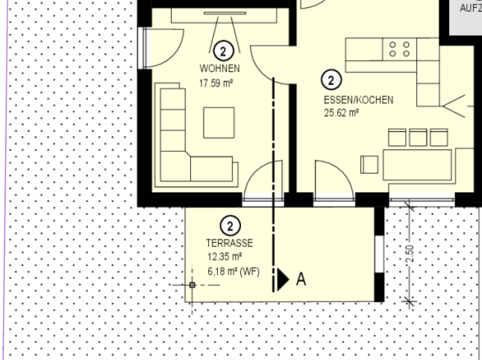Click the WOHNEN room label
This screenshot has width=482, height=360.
coord(220,68)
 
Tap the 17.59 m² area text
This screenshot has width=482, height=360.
coord(216,84)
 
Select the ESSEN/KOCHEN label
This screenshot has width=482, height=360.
coord(358,100)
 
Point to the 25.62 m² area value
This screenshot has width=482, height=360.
coord(342,113)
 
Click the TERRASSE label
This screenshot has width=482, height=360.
coord(229,243)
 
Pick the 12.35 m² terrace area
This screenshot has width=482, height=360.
coord(225,256)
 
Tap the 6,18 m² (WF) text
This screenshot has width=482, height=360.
coord(233,272)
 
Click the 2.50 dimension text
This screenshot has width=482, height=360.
coord(410,254)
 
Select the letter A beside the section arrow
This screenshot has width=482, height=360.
coord(301,279)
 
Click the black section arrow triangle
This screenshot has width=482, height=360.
coord(283,279)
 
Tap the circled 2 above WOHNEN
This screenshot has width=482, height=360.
coord(223,51)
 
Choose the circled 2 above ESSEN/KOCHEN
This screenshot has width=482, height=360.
coord(331,80)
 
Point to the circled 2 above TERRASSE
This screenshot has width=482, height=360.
coord(230,226)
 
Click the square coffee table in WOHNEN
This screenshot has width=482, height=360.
coord(219,123)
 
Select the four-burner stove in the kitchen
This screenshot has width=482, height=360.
coord(399,49)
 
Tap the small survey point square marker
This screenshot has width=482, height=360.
coord(192,285)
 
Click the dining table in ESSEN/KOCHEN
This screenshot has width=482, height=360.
coord(417,165)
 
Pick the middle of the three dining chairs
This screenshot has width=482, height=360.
coord(418,137)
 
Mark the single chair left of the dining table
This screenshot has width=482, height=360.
coord(369,165)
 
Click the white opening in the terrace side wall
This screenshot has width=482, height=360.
coord(379,254)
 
